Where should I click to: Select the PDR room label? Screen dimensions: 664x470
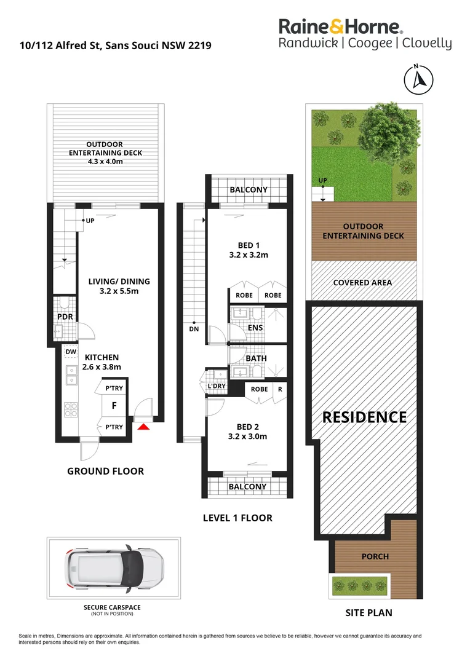point(65,317)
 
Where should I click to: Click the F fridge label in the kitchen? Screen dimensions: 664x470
point(113,406)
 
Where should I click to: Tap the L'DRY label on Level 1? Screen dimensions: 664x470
point(216,386)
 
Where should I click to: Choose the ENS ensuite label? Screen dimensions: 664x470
point(255,328)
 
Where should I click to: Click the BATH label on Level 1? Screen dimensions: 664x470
point(256,357)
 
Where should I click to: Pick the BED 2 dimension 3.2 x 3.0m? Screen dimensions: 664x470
point(248,437)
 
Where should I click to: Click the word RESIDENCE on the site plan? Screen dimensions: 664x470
point(365,417)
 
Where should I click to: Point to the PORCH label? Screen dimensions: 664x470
point(375,556)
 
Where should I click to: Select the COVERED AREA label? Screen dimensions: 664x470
point(362,283)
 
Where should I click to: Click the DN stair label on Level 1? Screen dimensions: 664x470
point(193,329)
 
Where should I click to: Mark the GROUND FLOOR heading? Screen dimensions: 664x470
point(105,472)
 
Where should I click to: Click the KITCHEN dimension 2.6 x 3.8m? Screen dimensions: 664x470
point(102,367)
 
